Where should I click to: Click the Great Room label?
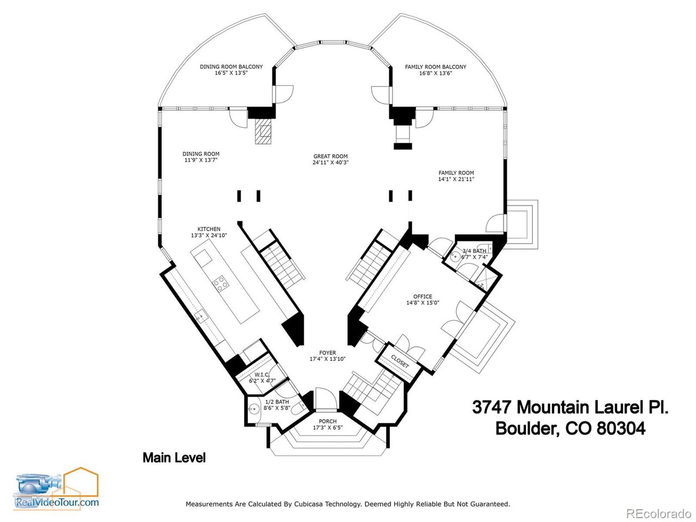(x=330, y=157)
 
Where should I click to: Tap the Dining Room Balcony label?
(x=231, y=67)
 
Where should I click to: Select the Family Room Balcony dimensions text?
(x=436, y=73)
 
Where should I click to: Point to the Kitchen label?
(x=209, y=229)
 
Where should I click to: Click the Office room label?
(x=422, y=297)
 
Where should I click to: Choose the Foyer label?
(x=327, y=353)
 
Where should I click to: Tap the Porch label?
(x=327, y=421)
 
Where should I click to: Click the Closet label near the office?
(x=400, y=362)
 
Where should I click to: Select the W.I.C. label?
(x=262, y=375)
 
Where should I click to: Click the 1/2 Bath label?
(x=277, y=402)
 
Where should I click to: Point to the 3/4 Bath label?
(x=474, y=251)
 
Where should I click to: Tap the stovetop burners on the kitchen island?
(x=220, y=283)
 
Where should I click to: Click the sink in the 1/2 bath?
(x=253, y=409)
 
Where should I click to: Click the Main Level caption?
(x=174, y=458)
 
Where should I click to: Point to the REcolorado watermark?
(x=658, y=513)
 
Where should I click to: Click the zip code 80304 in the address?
(x=621, y=428)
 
